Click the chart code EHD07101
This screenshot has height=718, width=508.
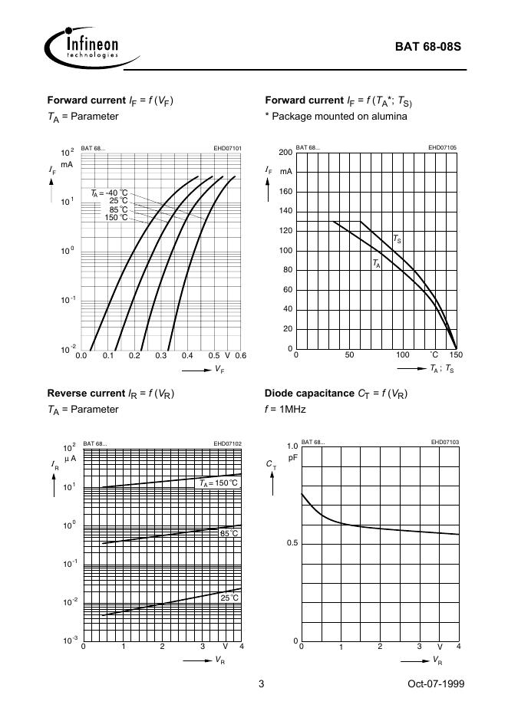click(x=227, y=147)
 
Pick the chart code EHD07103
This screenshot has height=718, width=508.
click(x=444, y=442)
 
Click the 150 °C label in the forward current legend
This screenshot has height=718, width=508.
click(x=117, y=217)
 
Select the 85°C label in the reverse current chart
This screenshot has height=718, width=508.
click(x=229, y=533)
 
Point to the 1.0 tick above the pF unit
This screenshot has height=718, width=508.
click(x=292, y=446)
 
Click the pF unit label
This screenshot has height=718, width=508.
click(x=292, y=457)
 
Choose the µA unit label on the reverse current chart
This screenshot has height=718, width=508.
click(x=69, y=458)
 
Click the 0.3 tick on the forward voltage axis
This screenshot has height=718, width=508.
click(x=160, y=356)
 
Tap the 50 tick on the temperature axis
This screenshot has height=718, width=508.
click(x=349, y=356)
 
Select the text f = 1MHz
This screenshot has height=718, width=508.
click(x=285, y=410)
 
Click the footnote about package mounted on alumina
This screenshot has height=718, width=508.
click(x=335, y=117)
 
